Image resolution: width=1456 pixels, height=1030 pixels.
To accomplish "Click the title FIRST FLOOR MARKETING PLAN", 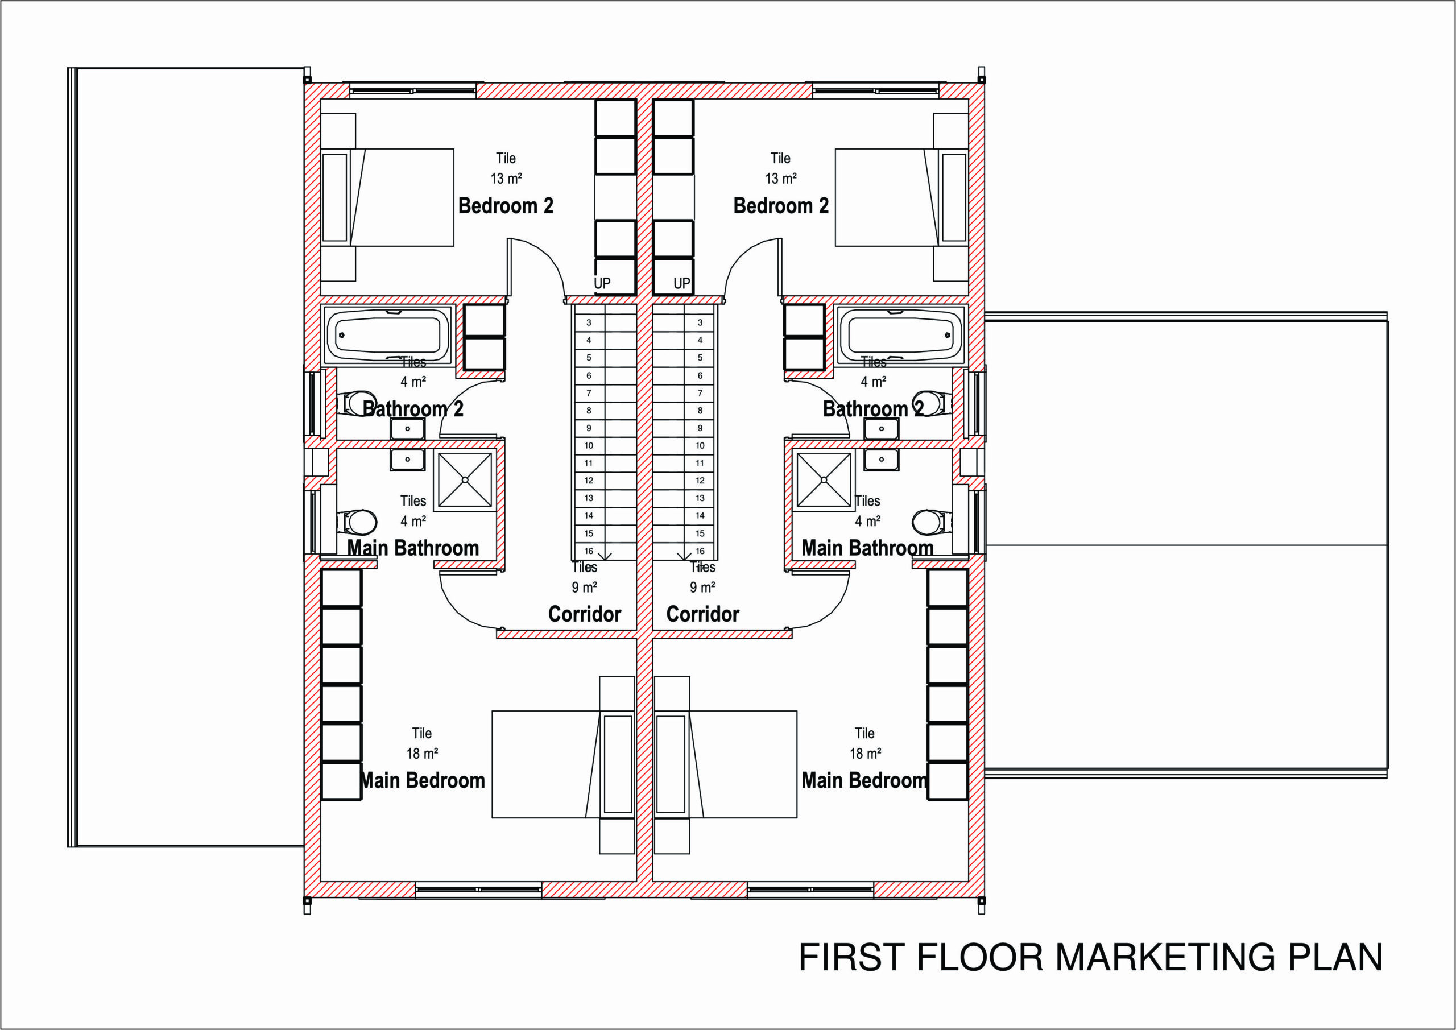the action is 1091,958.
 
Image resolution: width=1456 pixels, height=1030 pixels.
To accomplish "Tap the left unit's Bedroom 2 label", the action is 506,205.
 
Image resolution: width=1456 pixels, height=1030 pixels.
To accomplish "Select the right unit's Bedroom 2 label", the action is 781,205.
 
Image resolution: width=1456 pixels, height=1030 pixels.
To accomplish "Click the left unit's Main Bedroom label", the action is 423,780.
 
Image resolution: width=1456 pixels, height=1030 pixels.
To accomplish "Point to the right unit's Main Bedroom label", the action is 864,780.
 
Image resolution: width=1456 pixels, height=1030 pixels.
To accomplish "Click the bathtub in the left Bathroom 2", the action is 387,335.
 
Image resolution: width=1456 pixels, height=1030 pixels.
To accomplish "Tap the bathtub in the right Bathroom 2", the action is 900,335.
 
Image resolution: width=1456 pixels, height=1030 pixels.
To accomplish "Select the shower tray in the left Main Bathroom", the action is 465,481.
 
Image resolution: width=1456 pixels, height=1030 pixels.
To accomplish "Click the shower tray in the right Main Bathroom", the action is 824,481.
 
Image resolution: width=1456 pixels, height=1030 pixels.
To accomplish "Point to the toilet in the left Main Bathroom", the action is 357,523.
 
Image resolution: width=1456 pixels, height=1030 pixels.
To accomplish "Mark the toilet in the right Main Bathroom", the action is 933,523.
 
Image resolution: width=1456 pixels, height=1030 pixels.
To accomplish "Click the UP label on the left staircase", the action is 602,283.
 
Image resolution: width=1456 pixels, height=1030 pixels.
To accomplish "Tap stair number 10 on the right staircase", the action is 700,446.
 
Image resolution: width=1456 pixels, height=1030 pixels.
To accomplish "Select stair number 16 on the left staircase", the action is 589,551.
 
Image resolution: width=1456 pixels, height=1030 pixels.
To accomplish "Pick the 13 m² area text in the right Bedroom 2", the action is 781,178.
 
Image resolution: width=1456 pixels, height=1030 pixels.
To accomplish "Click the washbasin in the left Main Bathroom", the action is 407,459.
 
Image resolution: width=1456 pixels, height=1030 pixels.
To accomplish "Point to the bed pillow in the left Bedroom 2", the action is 335,197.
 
